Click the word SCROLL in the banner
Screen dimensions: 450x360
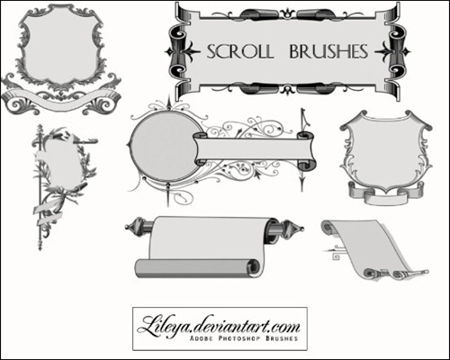click(x=240, y=51)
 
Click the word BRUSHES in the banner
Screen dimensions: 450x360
click(x=328, y=51)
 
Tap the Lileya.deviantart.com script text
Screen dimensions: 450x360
click(x=219, y=326)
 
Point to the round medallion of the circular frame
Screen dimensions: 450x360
click(x=165, y=147)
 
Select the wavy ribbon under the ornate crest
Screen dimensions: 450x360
click(x=61, y=99)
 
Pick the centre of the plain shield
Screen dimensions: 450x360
click(x=386, y=150)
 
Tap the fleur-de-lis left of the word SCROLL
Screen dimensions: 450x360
click(x=182, y=51)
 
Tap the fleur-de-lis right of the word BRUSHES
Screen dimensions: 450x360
click(x=392, y=51)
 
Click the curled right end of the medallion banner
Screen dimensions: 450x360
click(x=307, y=150)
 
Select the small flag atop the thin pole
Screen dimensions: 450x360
click(x=304, y=118)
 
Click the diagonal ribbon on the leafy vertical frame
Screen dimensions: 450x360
click(x=48, y=213)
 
